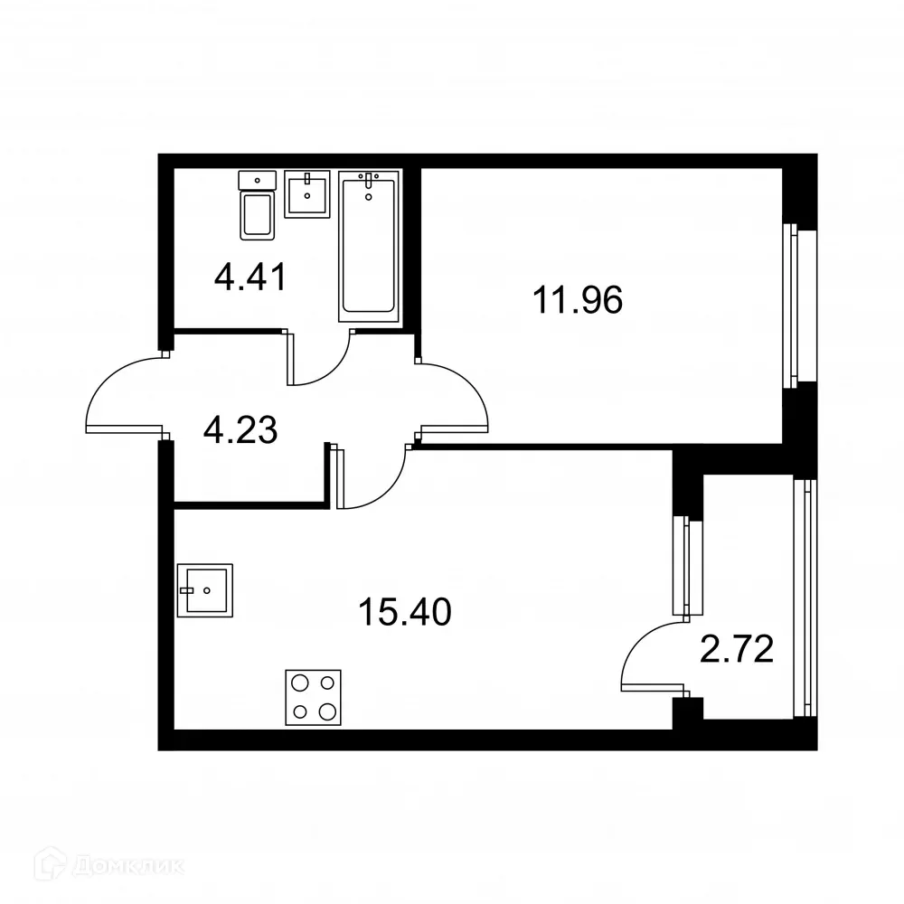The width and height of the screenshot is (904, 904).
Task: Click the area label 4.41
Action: point(250,276)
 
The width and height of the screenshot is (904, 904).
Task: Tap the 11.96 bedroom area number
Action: point(578,300)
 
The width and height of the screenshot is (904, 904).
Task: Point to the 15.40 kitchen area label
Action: point(404,613)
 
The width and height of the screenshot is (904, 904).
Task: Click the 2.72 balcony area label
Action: point(738,648)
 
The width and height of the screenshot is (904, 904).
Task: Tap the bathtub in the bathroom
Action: point(368,247)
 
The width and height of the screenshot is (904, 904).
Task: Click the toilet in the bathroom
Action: point(257,207)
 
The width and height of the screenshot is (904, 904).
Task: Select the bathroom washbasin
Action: point(307,193)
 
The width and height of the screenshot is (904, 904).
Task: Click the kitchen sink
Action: point(205,590)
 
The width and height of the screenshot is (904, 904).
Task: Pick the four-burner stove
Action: point(313,696)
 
